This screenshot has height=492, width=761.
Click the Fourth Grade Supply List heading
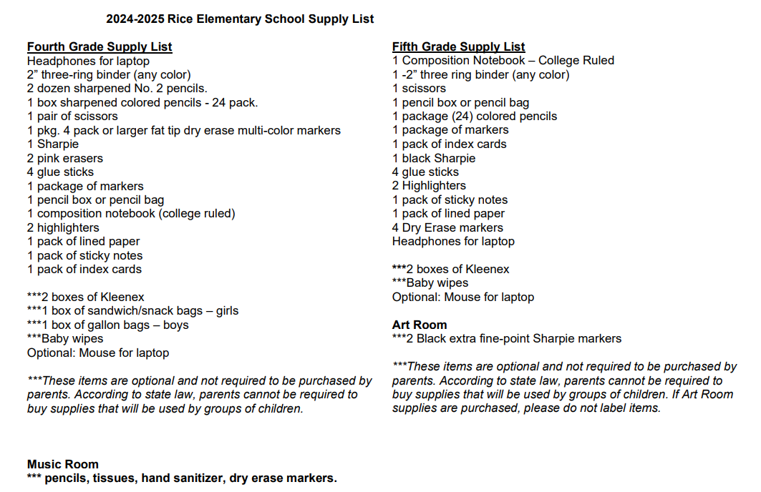click(x=100, y=47)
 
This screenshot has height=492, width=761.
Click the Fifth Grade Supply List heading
click(x=458, y=47)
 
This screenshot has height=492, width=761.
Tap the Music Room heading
click(x=63, y=464)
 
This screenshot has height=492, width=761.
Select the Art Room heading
click(x=420, y=325)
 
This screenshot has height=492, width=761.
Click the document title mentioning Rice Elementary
click(x=240, y=19)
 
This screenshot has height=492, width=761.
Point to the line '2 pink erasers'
click(x=65, y=158)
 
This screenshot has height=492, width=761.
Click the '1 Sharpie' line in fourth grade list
click(x=53, y=144)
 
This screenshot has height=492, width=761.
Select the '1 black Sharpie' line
click(x=434, y=158)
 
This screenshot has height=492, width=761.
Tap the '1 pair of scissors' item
click(x=72, y=116)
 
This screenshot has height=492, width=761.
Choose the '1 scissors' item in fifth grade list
click(x=419, y=89)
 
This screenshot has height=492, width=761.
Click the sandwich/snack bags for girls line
click(x=133, y=311)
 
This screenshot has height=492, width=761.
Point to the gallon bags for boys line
click(x=108, y=325)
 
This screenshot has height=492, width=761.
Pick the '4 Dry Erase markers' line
click(x=447, y=227)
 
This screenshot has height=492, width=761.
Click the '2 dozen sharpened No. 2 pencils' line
click(x=117, y=89)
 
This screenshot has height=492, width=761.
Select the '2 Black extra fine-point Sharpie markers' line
click(x=507, y=338)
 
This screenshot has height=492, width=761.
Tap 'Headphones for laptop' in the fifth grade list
click(x=453, y=241)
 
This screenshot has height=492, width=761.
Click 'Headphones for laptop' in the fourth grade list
click(x=88, y=61)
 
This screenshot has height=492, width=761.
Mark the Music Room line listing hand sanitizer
click(x=182, y=478)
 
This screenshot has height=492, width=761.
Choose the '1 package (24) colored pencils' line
click(x=475, y=116)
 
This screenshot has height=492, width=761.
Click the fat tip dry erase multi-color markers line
click(x=184, y=130)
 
